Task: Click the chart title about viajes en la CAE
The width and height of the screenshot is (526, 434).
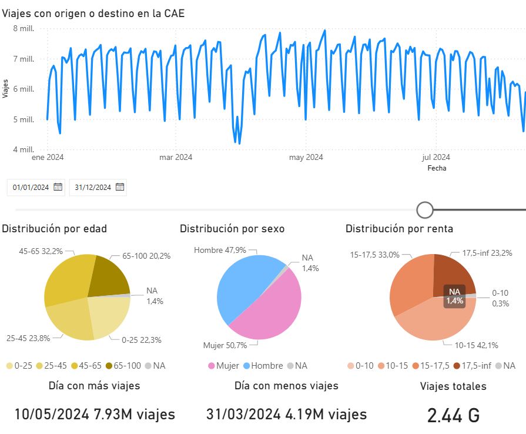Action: click(x=93, y=13)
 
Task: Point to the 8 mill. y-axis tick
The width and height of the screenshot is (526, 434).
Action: click(x=24, y=29)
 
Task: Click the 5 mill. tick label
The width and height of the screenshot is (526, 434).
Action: click(x=24, y=119)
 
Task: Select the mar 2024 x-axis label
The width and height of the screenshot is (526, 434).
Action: click(x=176, y=157)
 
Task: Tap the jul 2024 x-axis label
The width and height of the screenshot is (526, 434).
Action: click(x=436, y=157)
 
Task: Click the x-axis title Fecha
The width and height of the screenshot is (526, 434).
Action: click(x=437, y=168)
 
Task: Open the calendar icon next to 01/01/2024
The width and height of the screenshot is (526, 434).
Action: click(x=58, y=187)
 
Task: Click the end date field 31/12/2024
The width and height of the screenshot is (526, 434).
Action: click(x=93, y=188)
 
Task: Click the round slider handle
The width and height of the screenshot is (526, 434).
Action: click(x=424, y=209)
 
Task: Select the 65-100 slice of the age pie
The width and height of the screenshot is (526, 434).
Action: click(x=110, y=276)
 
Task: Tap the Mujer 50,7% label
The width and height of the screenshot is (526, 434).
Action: click(x=225, y=345)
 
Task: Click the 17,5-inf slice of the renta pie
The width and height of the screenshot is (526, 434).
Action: click(x=451, y=273)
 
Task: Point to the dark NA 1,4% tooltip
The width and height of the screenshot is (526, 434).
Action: click(x=454, y=296)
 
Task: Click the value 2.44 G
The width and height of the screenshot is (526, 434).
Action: click(x=453, y=415)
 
